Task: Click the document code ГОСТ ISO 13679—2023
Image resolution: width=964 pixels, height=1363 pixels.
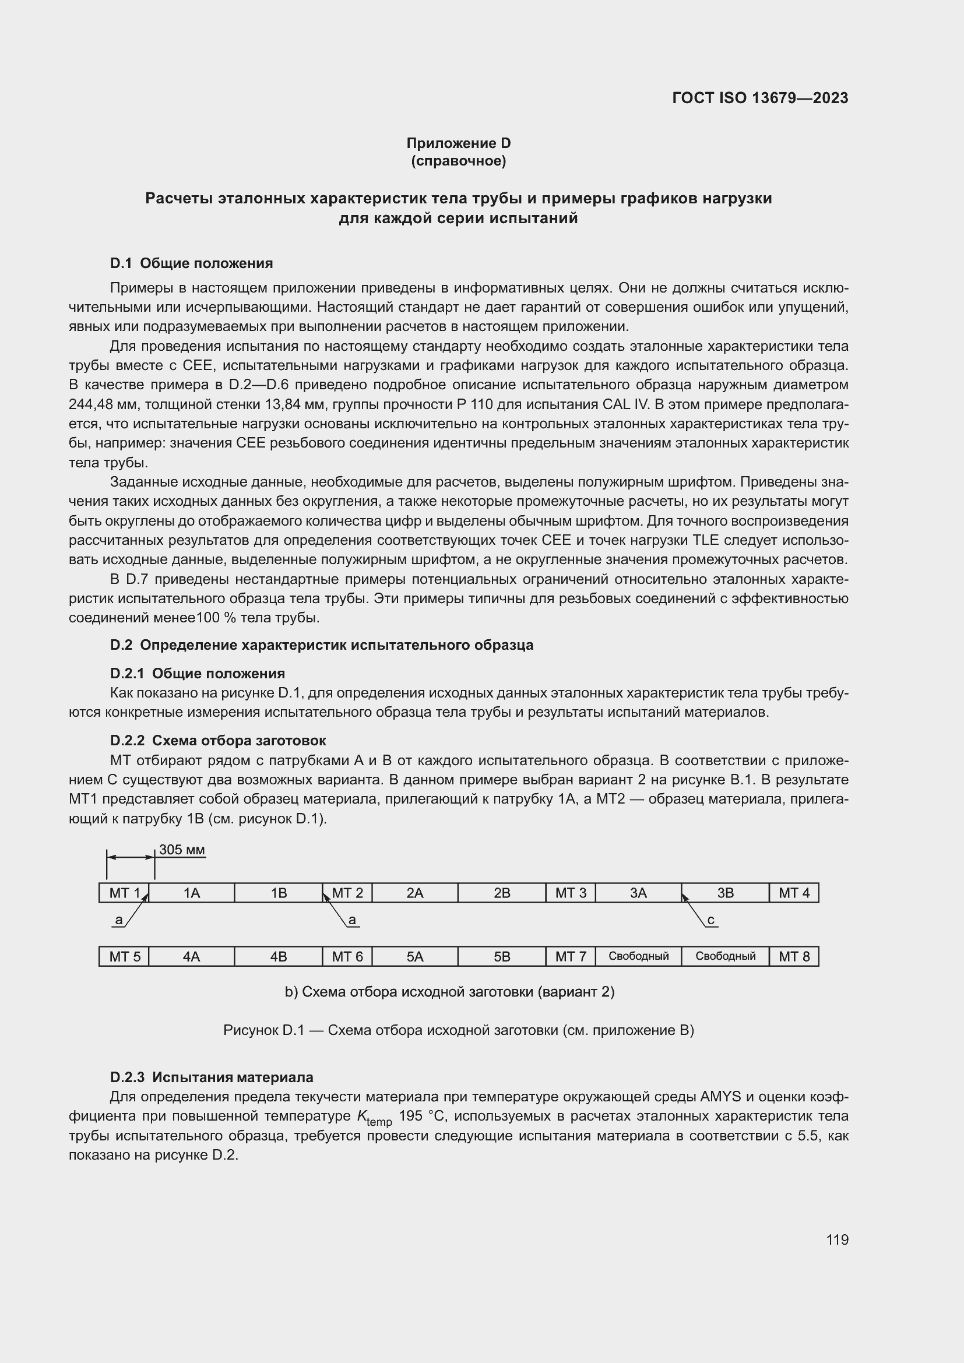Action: [760, 98]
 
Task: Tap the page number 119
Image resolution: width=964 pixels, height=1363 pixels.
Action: [837, 1239]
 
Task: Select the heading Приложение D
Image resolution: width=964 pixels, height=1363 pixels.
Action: [458, 143]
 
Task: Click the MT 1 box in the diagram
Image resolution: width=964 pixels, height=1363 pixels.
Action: [124, 893]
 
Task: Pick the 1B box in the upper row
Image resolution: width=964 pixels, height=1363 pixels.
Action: [279, 893]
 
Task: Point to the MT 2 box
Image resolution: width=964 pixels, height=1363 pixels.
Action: [347, 893]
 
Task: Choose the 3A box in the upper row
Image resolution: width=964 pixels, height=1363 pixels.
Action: [638, 893]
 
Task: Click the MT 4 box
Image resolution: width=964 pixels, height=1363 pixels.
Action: [794, 893]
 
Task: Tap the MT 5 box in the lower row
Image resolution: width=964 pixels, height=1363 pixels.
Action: [124, 956]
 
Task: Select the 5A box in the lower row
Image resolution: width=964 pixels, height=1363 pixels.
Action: [415, 956]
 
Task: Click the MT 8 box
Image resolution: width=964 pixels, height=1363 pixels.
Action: [794, 956]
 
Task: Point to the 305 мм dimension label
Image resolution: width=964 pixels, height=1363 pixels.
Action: [182, 850]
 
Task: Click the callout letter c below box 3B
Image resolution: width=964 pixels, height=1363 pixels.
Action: [710, 920]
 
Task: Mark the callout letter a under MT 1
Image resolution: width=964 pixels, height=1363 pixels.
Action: [119, 920]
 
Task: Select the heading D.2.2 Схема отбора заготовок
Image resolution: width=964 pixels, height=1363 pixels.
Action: [218, 740]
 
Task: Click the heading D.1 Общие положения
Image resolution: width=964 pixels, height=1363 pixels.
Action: [191, 263]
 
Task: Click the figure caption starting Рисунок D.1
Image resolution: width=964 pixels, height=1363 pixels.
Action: [458, 1030]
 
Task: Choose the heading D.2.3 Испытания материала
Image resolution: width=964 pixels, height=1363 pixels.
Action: [212, 1077]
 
